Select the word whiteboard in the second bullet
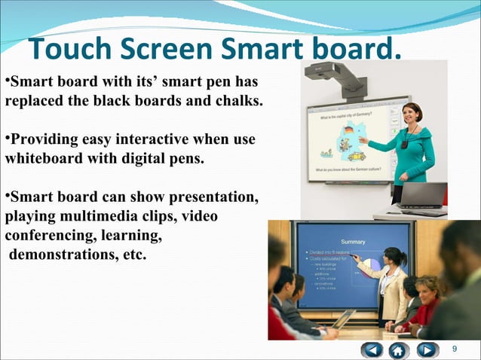pos(41,159)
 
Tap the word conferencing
pos(45,236)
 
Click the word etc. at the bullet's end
pos(133,255)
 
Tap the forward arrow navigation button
pos(427,349)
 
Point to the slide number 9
pos(454,349)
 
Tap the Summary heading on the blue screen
pos(353,242)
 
